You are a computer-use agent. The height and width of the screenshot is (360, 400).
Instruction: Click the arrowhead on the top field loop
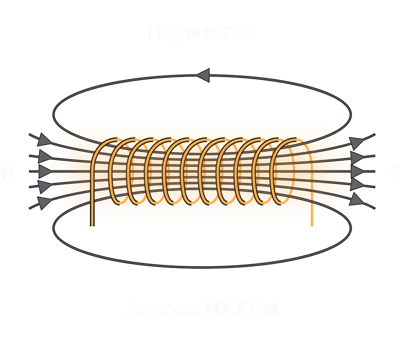[203, 76]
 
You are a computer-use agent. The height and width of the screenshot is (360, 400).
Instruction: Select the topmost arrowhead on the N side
[43, 140]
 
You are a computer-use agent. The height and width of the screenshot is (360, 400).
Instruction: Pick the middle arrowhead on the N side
[45, 171]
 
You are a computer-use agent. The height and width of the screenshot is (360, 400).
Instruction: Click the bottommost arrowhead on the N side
[43, 202]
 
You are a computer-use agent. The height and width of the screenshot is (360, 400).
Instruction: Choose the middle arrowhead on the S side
[357, 171]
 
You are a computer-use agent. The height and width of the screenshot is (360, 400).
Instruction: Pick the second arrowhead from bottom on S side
[357, 185]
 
